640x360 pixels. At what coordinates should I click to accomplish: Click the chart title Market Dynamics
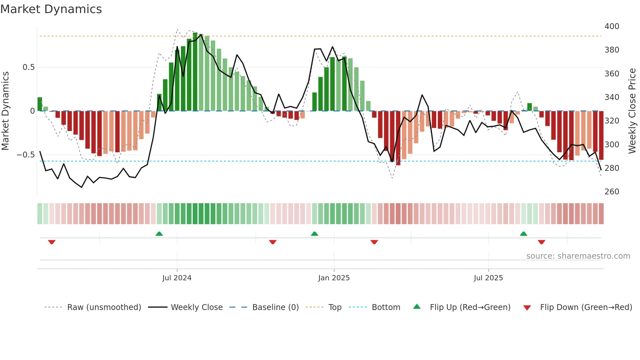pos(51,9)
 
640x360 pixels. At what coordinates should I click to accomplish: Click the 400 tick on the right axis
pos(612,26)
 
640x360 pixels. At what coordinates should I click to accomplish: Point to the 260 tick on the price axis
pos(612,192)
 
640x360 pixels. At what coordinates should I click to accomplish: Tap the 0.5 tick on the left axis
pos(28,67)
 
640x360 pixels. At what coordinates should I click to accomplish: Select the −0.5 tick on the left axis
pos(26,155)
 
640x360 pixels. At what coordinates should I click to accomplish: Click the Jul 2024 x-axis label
pos(177,278)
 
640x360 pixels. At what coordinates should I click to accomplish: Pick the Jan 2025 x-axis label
pos(334,278)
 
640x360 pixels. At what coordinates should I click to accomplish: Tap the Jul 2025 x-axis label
pos(488,278)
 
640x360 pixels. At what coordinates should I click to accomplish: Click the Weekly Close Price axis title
pos(632,111)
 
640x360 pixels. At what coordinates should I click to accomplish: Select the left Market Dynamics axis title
pos(5,111)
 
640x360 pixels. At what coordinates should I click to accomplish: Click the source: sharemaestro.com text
pos(578,256)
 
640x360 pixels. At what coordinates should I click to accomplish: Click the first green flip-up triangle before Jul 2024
pos(159,234)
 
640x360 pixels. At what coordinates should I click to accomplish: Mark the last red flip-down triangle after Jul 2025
pos(541,242)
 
